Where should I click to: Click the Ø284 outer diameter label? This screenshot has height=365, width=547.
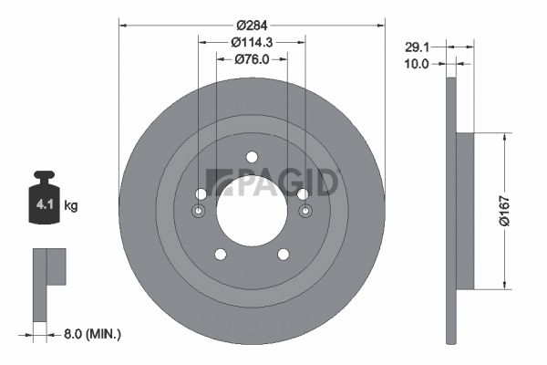pos(252,26)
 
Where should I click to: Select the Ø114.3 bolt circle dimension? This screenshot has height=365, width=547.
pos(252,42)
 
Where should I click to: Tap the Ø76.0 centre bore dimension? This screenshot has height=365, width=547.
pos(252,59)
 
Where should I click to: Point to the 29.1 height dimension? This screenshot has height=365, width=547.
pos(417,47)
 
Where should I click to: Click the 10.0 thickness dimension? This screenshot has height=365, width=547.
pos(417,64)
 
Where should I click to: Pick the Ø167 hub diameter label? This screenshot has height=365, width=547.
pos(504,211)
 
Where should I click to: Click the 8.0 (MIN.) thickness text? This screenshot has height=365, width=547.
pos(92,334)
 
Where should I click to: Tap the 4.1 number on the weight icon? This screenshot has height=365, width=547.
pos(45,204)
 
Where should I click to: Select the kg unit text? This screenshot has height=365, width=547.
pos(71,205)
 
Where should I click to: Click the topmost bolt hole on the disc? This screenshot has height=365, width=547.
pos(252,157)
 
